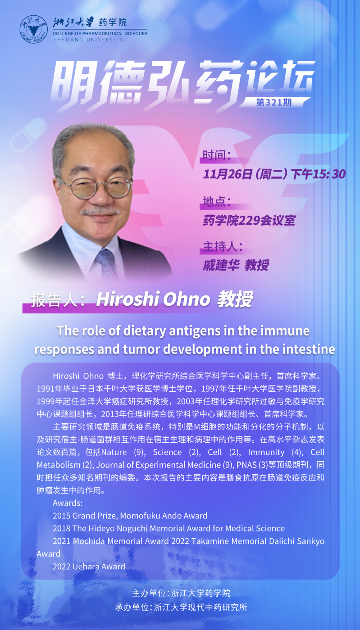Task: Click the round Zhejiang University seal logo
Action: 34,29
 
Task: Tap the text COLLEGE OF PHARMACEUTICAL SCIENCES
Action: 100,33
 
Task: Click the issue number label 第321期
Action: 273,102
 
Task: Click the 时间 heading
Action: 217,155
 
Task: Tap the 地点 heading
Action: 217,201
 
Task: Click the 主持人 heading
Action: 223,246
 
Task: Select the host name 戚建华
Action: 221,265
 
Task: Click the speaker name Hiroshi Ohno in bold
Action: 153,299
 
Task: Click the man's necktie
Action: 106,262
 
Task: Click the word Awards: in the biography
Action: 68,503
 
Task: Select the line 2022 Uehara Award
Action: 89,566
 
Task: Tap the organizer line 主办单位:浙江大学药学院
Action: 181,593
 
